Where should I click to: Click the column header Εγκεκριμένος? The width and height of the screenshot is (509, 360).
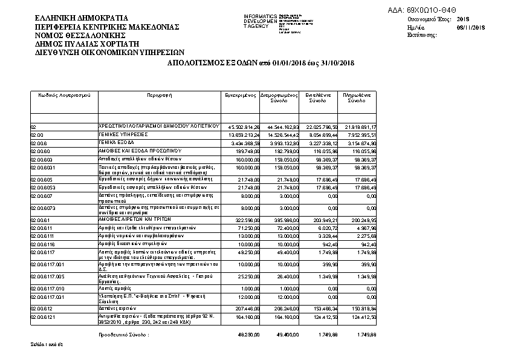click(241, 96)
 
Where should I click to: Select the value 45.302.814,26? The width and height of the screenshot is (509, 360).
click(242, 126)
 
